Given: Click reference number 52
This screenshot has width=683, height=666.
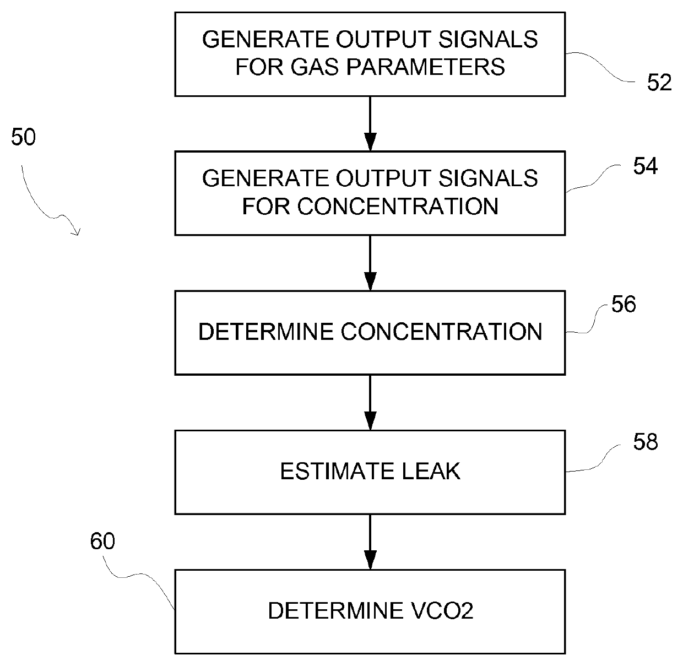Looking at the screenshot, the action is (659, 83).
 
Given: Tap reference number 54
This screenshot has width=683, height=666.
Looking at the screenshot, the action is (645, 166).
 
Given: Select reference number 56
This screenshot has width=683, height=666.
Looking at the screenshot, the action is (624, 304).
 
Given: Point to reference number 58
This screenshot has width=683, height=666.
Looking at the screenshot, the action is (645, 442).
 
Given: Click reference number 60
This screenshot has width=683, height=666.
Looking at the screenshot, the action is (102, 541).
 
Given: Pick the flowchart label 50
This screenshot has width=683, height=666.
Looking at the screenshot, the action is (23, 137).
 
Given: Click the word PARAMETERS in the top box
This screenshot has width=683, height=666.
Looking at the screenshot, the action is (425, 67).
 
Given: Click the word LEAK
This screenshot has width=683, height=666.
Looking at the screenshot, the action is (431, 471).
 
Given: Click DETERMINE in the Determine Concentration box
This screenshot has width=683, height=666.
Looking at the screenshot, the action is (265, 332).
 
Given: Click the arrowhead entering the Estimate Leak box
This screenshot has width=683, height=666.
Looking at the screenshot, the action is (370, 420).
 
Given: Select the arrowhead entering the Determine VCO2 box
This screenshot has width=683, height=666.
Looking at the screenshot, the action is (370, 560).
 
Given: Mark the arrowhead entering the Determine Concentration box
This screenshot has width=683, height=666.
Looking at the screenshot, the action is (370, 281).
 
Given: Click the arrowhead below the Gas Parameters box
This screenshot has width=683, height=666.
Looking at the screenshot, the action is (370, 142).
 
